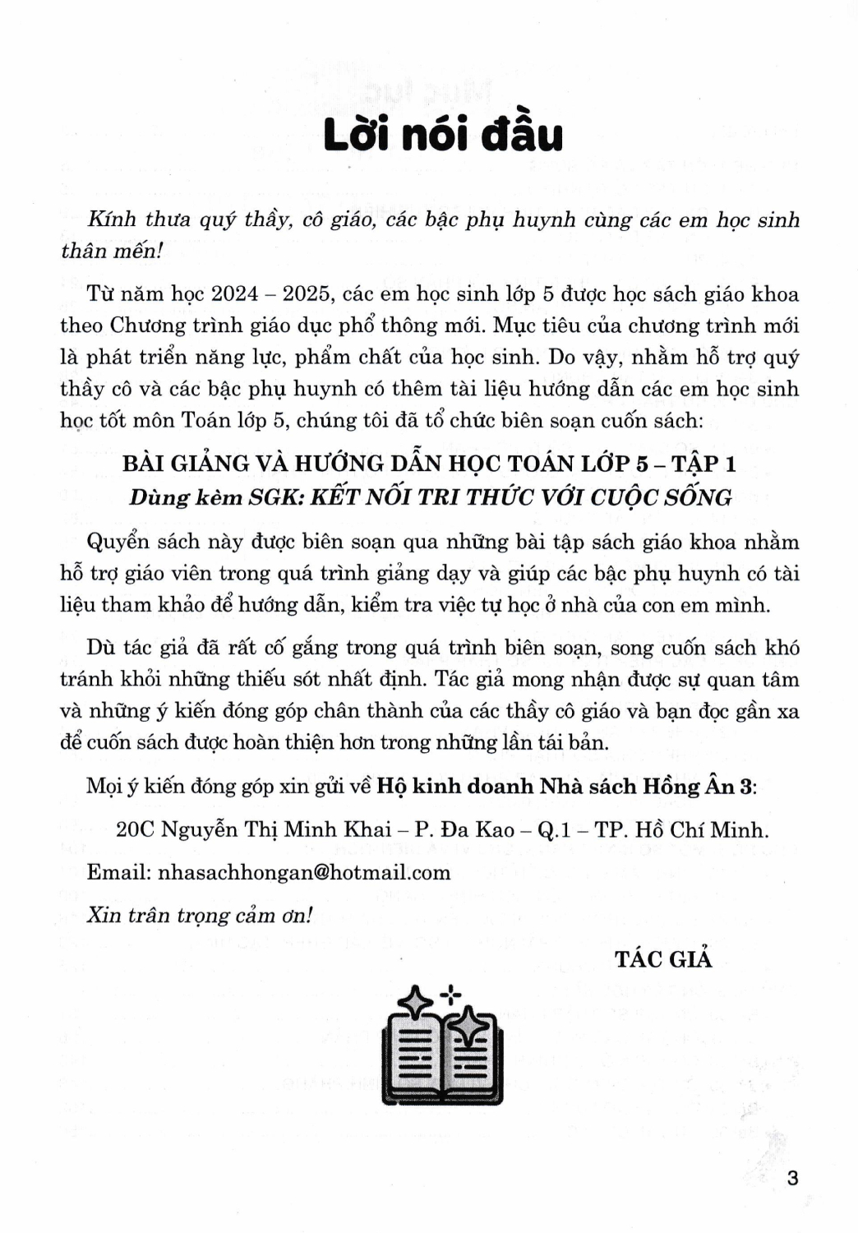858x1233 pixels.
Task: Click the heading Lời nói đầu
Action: pos(443,135)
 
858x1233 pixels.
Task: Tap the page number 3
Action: pos(792,1178)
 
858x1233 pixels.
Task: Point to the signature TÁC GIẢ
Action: pos(663,958)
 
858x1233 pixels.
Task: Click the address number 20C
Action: pos(134,829)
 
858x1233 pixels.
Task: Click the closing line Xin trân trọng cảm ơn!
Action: pos(199,916)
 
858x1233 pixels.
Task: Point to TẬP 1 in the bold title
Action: pos(703,464)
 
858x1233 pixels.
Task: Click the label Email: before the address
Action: pos(118,872)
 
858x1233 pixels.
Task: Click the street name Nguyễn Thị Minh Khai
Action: pos(275,829)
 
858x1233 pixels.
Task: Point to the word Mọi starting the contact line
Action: pos(104,786)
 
